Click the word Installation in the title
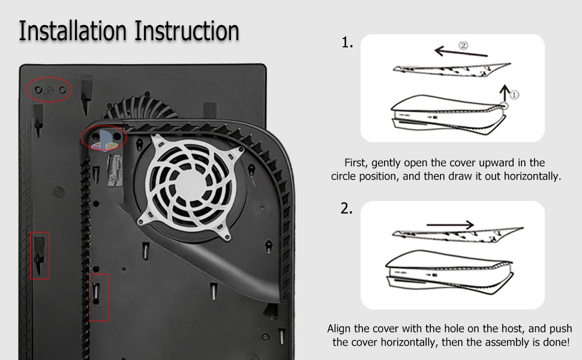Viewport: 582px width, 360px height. coord(73,31)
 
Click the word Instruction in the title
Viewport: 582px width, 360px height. coord(187,31)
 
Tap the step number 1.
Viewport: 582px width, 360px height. coord(347,43)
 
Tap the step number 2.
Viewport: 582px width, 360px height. coord(346,209)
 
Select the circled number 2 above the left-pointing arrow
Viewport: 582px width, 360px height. coord(463,45)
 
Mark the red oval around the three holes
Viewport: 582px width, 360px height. coord(49,90)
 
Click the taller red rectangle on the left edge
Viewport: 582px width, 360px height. coord(40,256)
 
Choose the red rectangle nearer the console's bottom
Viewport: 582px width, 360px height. coord(98,297)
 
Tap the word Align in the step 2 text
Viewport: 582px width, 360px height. coord(340,329)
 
